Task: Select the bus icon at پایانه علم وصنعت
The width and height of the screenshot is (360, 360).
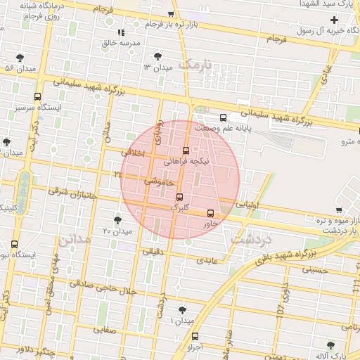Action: click(223, 117)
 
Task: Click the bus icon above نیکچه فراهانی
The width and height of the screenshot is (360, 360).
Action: click(186, 150)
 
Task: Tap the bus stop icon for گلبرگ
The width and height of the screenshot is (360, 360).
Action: click(179, 197)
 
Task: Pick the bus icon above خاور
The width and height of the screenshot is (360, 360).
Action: click(211, 213)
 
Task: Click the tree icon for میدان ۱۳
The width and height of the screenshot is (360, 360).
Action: click(157, 56)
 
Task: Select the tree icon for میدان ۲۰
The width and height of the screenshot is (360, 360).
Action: click(117, 220)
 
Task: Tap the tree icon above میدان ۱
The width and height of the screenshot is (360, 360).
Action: click(183, 309)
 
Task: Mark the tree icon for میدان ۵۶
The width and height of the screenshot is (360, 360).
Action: click(20, 57)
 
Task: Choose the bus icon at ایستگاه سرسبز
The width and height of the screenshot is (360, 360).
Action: click(37, 97)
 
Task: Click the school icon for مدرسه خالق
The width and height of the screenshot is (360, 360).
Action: click(121, 32)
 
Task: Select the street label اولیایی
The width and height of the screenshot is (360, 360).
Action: click(247, 205)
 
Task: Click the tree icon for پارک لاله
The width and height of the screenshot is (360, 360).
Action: click(331, 345)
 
